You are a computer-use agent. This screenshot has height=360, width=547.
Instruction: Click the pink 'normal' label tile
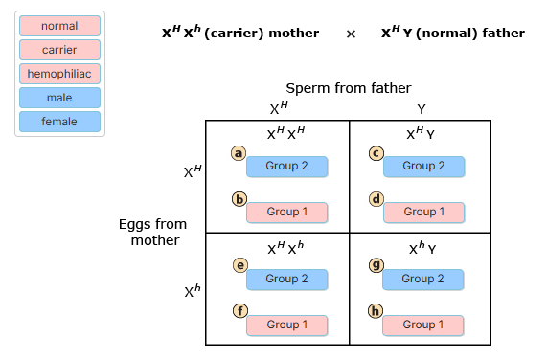59,26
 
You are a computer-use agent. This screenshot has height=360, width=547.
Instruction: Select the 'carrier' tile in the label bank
59,50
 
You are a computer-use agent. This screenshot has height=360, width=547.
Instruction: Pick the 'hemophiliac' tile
59,74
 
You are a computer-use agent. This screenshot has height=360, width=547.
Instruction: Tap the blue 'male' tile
59,98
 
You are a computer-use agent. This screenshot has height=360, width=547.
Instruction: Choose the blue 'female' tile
59,122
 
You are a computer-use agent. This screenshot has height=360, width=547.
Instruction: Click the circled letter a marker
239,153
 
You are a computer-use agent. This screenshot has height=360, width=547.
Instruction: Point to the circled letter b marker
239,200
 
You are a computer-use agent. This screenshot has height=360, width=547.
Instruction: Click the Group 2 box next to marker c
423,167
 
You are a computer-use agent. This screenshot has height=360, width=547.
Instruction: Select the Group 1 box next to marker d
423,213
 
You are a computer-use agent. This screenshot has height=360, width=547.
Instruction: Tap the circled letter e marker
239,266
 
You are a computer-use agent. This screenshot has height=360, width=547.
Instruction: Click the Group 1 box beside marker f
286,326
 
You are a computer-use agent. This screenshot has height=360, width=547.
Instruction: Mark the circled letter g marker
376,266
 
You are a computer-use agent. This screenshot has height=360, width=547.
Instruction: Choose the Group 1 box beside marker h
423,326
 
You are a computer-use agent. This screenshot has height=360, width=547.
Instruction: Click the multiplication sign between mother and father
351,34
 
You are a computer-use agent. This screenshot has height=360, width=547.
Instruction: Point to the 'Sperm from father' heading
349,89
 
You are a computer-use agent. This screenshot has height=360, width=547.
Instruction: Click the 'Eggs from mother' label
153,232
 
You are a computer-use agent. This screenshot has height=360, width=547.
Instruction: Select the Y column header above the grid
422,109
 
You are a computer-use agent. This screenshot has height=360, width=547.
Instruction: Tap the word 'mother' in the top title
295,34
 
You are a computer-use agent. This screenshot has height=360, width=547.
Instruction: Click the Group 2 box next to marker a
286,167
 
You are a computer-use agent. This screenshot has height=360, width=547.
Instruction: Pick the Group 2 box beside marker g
423,280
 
